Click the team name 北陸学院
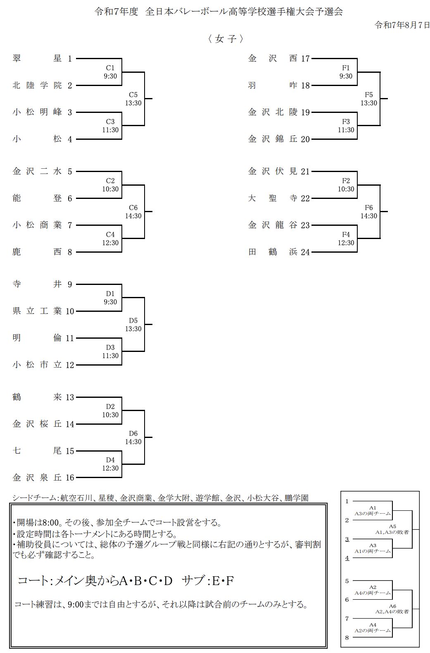pyautogui.click(x=37, y=86)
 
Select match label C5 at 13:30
pyautogui.click(x=133, y=99)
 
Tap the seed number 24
pyautogui.click(x=305, y=252)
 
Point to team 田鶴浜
pyautogui.click(x=273, y=252)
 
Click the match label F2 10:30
pyautogui.click(x=346, y=185)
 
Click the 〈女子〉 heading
pyautogui.click(x=226, y=39)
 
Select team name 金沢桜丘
pyautogui.click(x=37, y=424)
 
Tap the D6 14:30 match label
pyautogui.click(x=133, y=438)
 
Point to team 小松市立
pyautogui.click(x=37, y=365)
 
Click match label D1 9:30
pyautogui.click(x=110, y=298)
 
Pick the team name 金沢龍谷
pyautogui.click(x=273, y=225)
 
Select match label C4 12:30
pyautogui.click(x=110, y=239)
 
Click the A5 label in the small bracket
pyautogui.click(x=392, y=526)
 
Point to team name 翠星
pyautogui.click(x=37, y=59)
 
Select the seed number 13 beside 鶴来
pyautogui.click(x=69, y=397)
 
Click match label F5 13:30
pyautogui.click(x=368, y=99)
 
